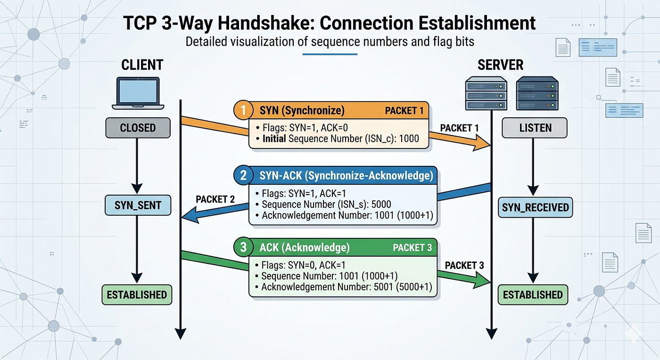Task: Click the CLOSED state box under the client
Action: pos(138,128)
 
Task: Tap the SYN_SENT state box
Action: pos(138,205)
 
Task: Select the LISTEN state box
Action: pos(535,128)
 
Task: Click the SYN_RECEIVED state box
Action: pos(536,207)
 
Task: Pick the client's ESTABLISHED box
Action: pos(137,295)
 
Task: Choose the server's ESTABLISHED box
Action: pos(533,295)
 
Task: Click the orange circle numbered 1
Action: pos(243,110)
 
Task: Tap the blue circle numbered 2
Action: pos(243,175)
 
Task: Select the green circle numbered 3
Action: pos(243,247)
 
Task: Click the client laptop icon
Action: pos(138,93)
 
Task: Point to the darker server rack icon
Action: pos(537,93)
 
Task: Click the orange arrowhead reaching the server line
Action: pos(481,143)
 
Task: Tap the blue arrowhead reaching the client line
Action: pos(190,215)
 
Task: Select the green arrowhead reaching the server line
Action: pos(482,280)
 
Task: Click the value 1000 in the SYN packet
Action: pos(409,139)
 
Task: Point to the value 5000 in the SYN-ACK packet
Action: pos(381,204)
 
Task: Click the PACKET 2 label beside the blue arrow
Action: pos(215,199)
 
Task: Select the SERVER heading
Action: pos(500,65)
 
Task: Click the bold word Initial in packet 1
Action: pos(274,139)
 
